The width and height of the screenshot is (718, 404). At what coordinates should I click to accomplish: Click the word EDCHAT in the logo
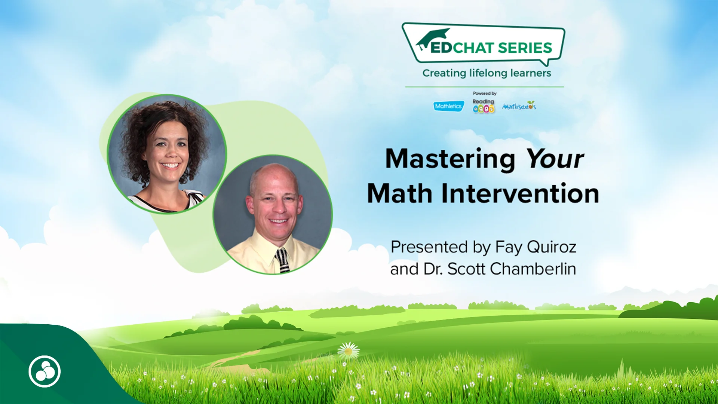[x=462, y=48]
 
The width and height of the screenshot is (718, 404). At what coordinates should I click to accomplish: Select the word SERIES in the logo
[x=525, y=48]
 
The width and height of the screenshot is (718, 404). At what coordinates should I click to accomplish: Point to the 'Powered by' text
[x=485, y=94]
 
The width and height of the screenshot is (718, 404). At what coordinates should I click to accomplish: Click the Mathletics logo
[x=448, y=106]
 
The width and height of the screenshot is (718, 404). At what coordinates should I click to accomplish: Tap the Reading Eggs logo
[x=483, y=106]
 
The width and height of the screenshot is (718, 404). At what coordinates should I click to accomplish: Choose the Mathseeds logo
[x=519, y=106]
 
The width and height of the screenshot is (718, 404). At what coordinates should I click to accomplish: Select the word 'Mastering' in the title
[x=450, y=159]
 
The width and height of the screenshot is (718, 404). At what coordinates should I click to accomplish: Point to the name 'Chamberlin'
[x=533, y=269]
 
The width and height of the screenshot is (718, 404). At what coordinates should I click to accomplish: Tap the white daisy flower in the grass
[x=349, y=351]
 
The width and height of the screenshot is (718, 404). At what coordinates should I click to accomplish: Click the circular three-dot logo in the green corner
[x=45, y=371]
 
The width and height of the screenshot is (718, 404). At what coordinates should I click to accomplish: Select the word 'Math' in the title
[x=399, y=194]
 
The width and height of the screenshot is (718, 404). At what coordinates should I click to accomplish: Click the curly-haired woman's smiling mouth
[x=171, y=165]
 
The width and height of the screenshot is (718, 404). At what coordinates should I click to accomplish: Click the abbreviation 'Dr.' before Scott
[x=433, y=269]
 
